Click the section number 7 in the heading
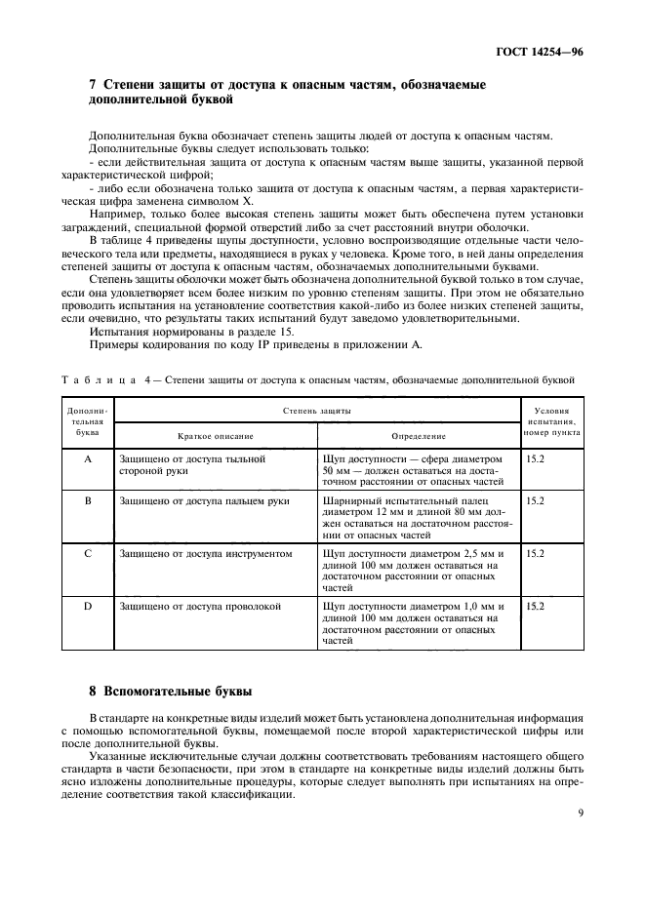click(93, 86)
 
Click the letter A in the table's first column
click(88, 457)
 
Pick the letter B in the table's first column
click(88, 500)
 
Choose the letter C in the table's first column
click(88, 553)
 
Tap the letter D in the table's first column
click(88, 607)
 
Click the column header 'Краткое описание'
click(215, 436)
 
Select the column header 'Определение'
click(419, 436)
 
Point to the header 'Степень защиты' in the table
click(316, 412)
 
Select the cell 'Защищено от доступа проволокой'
click(200, 607)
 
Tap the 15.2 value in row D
click(535, 607)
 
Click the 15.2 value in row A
click(535, 457)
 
